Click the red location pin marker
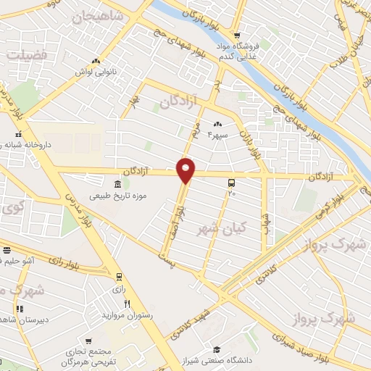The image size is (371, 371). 186,170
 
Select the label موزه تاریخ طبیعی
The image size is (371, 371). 118,196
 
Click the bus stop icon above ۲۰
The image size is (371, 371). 231,183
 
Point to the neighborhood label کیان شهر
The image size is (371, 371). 222,228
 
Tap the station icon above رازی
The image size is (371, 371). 120,275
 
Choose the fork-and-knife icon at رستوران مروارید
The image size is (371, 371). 128,304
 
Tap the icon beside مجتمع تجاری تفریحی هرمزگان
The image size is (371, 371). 88,339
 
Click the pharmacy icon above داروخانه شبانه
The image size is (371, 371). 20,134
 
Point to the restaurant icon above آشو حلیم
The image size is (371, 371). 7,250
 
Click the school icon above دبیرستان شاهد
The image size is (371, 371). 20,309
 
